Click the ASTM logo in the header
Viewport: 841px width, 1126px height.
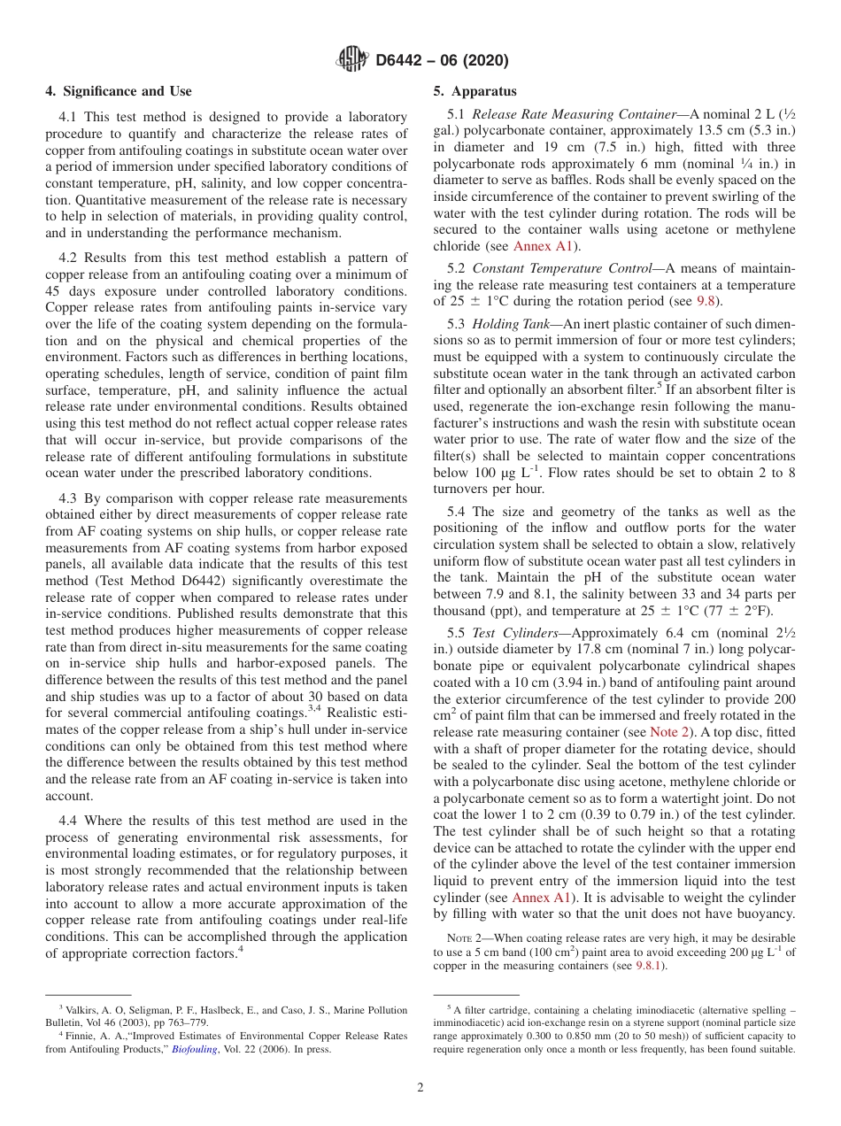(x=352, y=60)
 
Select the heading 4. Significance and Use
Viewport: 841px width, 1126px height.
(x=118, y=91)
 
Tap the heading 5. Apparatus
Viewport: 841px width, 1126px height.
(x=475, y=91)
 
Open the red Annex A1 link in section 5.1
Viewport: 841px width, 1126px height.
(x=544, y=246)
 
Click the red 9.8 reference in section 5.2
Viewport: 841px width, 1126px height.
(x=705, y=300)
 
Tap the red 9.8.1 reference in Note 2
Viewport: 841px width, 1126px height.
(x=649, y=966)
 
